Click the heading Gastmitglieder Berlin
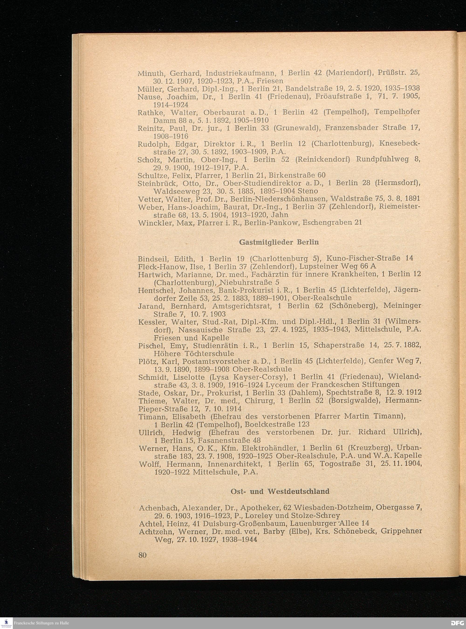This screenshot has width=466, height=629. click(x=279, y=242)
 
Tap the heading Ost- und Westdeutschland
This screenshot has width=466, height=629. click(x=280, y=491)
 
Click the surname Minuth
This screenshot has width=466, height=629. click(x=150, y=74)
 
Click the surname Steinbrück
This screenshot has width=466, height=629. click(x=158, y=183)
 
